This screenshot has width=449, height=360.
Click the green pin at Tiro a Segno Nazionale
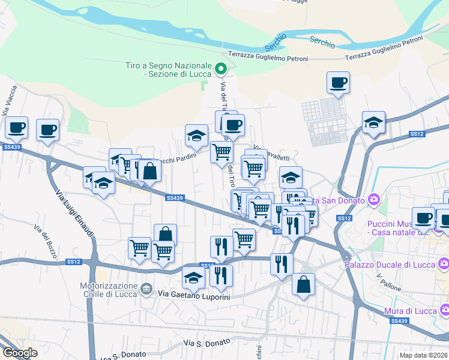point(220,69)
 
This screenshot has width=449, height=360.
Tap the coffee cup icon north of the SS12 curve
point(339,82)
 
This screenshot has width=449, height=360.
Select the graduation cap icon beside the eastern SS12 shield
point(373,122)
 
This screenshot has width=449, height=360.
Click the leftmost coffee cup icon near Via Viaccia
point(17,127)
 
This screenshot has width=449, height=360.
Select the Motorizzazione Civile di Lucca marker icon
point(146,290)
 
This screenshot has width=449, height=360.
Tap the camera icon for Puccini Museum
point(375,199)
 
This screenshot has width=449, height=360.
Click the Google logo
point(20,352)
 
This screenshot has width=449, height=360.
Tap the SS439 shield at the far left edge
point(11,146)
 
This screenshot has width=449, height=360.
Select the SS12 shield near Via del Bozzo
point(73,262)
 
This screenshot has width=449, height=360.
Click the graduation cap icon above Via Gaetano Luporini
point(193,278)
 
